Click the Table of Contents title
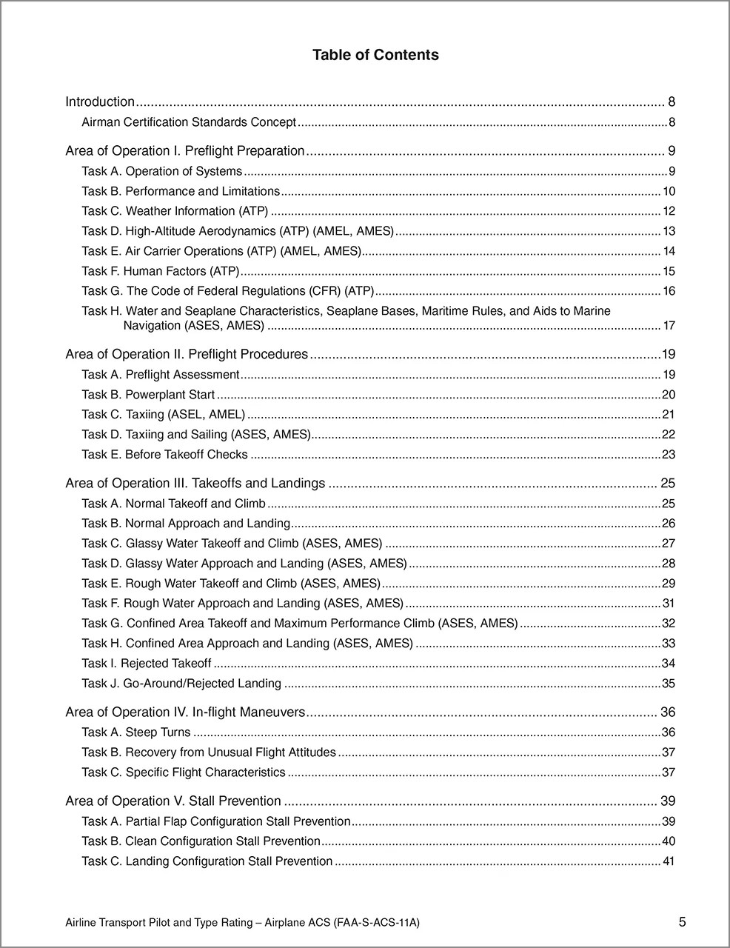point(375,55)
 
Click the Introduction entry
point(100,102)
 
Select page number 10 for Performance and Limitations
point(669,191)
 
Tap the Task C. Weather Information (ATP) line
point(175,211)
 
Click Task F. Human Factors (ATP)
point(161,271)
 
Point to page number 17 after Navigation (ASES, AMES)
point(669,326)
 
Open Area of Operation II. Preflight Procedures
point(187,354)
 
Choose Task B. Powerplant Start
point(148,395)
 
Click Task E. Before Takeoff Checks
point(164,455)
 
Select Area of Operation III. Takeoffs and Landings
point(195,484)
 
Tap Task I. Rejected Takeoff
point(146,664)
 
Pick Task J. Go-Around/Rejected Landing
point(181,684)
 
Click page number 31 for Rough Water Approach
point(668,604)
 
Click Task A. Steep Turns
point(135,732)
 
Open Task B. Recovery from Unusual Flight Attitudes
point(209,752)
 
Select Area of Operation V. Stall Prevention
point(173,801)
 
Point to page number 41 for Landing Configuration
point(668,861)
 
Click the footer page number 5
point(682,922)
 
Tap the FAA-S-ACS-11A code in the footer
point(377,923)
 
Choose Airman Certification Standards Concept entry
point(189,122)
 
